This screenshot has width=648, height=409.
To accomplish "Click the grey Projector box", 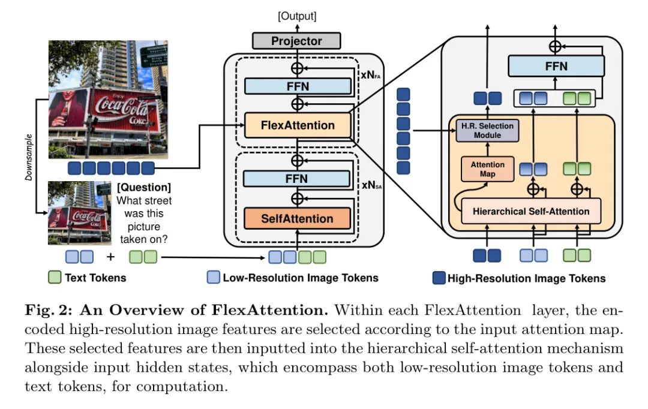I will click(296, 41).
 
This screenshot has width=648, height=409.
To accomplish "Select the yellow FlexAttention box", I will click(298, 125).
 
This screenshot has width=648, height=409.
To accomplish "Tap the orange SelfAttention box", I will click(297, 218).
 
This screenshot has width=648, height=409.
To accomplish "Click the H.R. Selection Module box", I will click(487, 130).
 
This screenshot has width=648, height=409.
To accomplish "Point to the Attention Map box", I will click(487, 169).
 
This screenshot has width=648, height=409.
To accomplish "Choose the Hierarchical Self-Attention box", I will click(531, 211).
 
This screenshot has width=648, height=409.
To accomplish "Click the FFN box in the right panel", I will click(556, 66).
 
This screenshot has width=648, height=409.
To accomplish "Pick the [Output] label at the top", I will click(296, 16).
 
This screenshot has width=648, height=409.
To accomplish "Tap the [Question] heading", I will click(144, 188).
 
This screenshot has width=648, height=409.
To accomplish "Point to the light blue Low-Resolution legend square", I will click(213, 278).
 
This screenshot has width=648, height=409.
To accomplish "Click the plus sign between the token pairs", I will click(111, 257).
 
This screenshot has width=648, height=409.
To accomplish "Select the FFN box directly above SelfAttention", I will click(297, 179).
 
